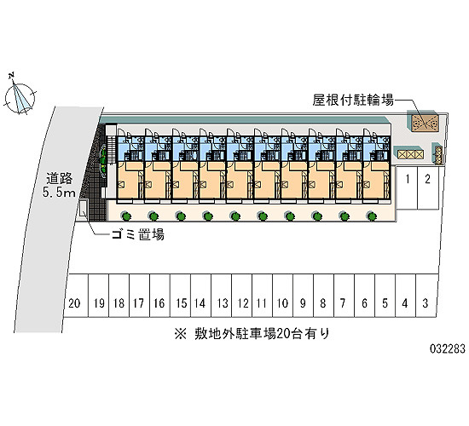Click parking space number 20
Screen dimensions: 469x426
76,296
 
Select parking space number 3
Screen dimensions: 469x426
426,296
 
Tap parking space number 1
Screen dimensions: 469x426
407,187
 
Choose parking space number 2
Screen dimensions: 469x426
428,187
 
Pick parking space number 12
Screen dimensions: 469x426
242,296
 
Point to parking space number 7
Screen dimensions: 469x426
344,296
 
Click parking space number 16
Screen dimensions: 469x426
160,296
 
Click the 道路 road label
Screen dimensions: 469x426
59,179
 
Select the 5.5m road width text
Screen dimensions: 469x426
59,193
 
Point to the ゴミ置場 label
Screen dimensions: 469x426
137,235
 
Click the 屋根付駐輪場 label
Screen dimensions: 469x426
353,100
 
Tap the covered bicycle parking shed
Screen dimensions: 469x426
425,123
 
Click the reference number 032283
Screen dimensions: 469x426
448,348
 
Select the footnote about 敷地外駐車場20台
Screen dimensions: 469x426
252,334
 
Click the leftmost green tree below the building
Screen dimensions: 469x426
126,216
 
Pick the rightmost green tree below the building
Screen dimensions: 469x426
372,216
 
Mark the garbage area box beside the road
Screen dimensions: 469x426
84,210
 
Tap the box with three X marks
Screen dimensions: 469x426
411,154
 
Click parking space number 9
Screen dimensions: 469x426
303,296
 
